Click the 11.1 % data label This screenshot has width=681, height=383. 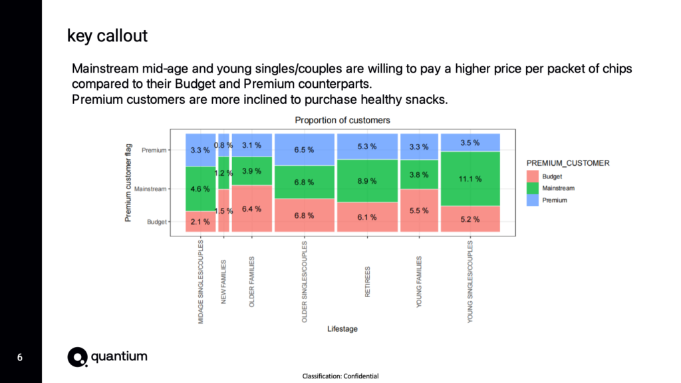pyautogui.click(x=470, y=179)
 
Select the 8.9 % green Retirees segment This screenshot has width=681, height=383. pyautogui.click(x=367, y=181)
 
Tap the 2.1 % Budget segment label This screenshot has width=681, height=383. pyautogui.click(x=200, y=221)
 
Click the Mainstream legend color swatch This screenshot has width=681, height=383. pyautogui.click(x=532, y=189)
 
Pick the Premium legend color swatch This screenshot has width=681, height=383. pyautogui.click(x=532, y=200)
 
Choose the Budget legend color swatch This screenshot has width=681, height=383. pyautogui.click(x=532, y=177)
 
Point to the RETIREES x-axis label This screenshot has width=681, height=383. pyautogui.click(x=368, y=282)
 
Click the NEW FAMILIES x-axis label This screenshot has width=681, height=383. pyautogui.click(x=224, y=282)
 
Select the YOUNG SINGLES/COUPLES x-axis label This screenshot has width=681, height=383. pyautogui.click(x=470, y=282)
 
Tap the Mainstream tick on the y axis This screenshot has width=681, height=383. pyautogui.click(x=151, y=189)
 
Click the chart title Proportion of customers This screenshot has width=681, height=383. pyautogui.click(x=342, y=121)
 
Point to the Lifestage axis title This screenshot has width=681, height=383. pyautogui.click(x=342, y=329)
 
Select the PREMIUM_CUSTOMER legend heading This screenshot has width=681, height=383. pyautogui.click(x=567, y=163)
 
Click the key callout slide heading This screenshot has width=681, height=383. pyautogui.click(x=107, y=36)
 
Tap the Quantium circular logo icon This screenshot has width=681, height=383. pyautogui.click(x=77, y=357)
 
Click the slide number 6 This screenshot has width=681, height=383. pyautogui.click(x=20, y=358)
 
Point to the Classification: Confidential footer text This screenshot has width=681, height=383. pyautogui.click(x=340, y=376)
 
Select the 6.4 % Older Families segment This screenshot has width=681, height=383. pyautogui.click(x=251, y=208)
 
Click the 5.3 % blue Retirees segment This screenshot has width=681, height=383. pyautogui.click(x=367, y=147)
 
